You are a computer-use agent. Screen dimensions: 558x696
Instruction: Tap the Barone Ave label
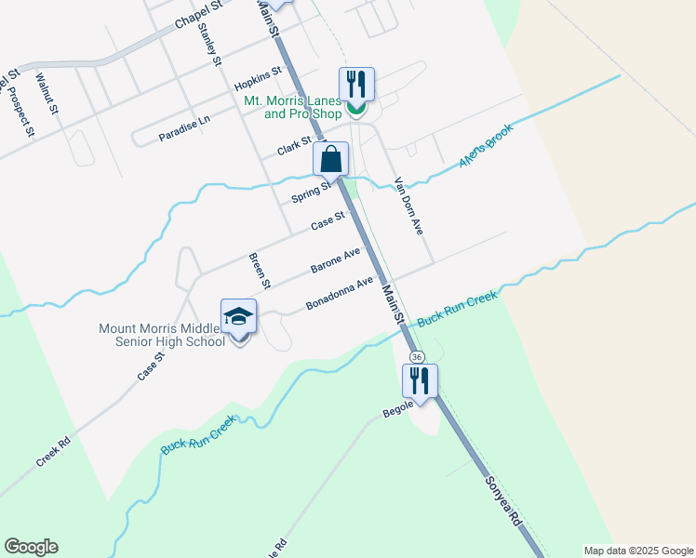pos(335,260)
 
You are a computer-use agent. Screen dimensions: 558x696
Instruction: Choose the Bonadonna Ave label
pos(340,293)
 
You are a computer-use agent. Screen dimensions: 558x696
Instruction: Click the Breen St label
pos(258,270)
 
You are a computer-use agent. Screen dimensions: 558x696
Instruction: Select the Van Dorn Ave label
pos(408,205)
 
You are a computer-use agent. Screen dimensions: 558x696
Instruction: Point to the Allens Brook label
pos(486,149)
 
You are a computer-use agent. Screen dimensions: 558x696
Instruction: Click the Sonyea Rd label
pos(502,502)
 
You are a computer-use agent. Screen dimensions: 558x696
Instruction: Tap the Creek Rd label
pos(53,453)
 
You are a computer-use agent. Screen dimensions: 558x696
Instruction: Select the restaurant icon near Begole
pos(420,379)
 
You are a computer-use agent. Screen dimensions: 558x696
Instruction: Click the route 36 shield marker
pos(417,357)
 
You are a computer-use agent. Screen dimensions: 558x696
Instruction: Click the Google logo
pos(31,547)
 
